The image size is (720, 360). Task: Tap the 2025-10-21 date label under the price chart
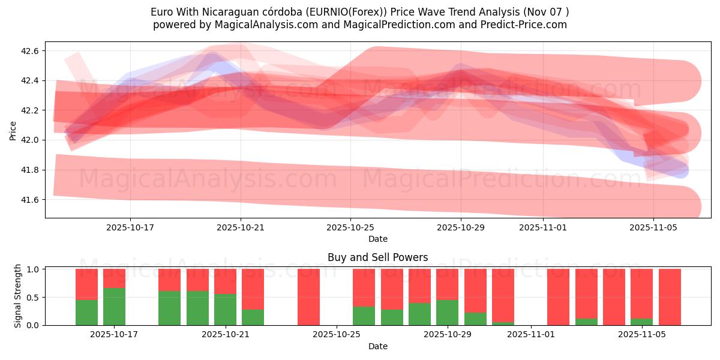[241, 227]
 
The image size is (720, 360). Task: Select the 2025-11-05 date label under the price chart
[653, 227]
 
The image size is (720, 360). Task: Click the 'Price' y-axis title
[13, 130]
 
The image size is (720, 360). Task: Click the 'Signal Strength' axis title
[18, 296]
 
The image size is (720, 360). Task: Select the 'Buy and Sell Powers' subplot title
[377, 257]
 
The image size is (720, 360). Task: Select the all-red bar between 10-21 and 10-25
[308, 297]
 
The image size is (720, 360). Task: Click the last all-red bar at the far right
[670, 297]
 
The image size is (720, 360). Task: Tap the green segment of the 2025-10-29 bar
[447, 312]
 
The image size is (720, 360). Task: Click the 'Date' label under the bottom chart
[377, 346]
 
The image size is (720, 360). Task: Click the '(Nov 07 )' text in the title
[547, 11]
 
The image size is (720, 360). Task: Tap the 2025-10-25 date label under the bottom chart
[337, 335]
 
